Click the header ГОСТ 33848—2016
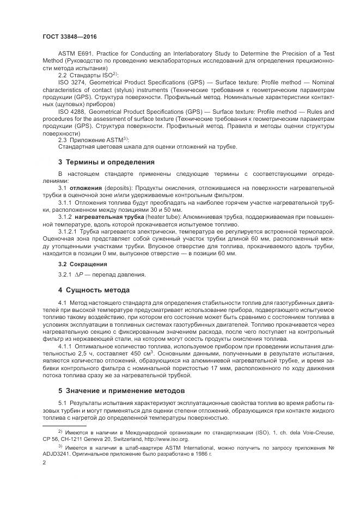tap(65, 36)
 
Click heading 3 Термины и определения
tap(106, 162)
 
